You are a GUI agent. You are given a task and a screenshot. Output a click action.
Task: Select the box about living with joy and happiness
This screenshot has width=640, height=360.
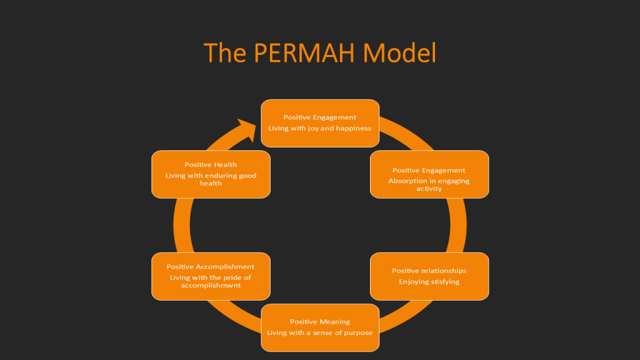[x=320, y=123]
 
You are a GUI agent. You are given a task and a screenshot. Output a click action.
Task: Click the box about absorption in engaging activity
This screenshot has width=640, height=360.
[x=429, y=174]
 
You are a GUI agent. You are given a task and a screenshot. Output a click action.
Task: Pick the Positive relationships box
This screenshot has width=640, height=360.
[x=429, y=276]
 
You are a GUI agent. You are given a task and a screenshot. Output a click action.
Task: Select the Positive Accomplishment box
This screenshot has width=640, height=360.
[x=211, y=276]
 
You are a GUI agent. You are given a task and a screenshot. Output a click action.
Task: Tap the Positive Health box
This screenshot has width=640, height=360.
[x=211, y=174]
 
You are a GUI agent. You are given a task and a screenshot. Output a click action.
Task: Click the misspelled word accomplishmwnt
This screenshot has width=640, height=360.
[x=211, y=285]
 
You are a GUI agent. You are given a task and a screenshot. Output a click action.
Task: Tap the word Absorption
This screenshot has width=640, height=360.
[x=407, y=181]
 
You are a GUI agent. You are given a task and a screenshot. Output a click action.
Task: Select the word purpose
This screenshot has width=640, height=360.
[x=357, y=332]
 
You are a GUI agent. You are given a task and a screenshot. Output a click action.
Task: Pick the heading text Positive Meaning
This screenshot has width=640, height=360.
[x=320, y=322]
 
